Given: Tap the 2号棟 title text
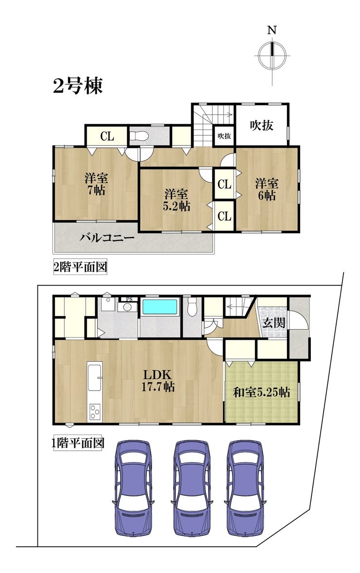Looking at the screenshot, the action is click(78, 86).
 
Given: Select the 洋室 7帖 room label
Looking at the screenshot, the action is click(96, 184).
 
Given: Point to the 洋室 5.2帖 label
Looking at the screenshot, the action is click(176, 199).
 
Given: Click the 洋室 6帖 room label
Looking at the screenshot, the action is click(267, 189).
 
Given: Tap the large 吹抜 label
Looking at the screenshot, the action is click(261, 125).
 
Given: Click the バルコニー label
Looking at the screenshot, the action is click(107, 238).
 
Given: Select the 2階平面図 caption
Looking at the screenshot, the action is click(80, 267).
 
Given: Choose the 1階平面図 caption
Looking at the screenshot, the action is click(77, 444).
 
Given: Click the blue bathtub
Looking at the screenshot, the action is click(160, 307).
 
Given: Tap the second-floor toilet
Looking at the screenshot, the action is click(139, 135).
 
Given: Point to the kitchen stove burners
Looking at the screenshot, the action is click(94, 411).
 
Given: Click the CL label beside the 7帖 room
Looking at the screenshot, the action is click(107, 137).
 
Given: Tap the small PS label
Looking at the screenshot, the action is click(129, 298).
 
